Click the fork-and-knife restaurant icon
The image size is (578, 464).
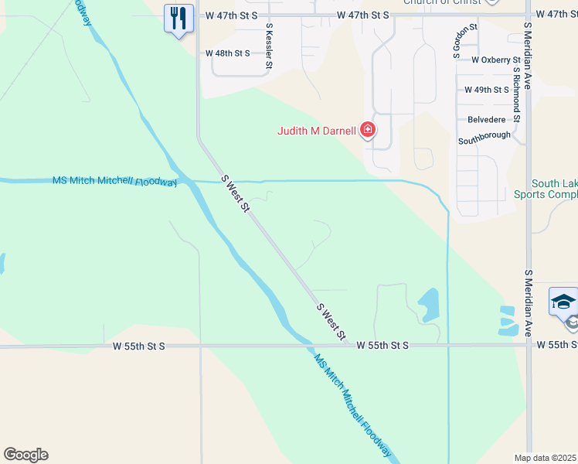click(x=178, y=18)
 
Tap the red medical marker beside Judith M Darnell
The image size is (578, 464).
click(x=368, y=130)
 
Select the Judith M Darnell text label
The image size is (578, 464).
click(x=317, y=131)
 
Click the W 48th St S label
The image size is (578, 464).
click(x=227, y=53)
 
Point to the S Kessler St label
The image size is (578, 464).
click(x=269, y=47)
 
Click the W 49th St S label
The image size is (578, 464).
click(x=486, y=90)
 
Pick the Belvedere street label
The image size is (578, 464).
click(x=487, y=120)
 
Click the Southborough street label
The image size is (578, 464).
click(x=484, y=136)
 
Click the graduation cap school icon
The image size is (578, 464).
click(x=563, y=302)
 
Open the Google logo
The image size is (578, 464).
click(x=25, y=455)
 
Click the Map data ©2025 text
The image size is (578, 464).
click(x=545, y=458)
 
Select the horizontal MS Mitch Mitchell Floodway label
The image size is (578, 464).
click(x=114, y=181)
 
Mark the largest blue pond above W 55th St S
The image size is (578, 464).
click(x=428, y=304)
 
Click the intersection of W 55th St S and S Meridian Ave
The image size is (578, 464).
click(x=529, y=346)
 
